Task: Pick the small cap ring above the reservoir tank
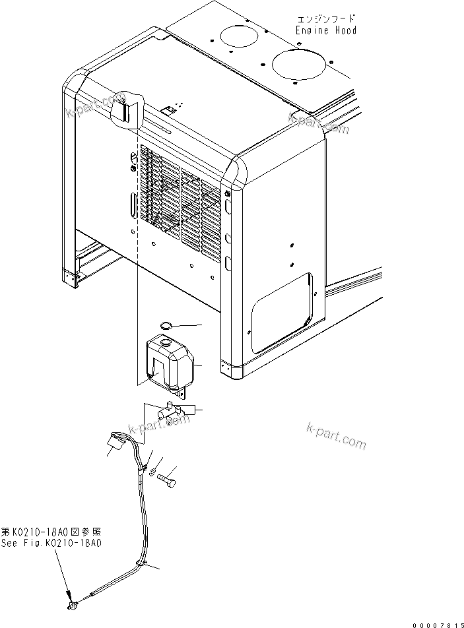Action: point(168,325)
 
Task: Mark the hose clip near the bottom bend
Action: point(139,562)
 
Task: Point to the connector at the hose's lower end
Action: point(72,604)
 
